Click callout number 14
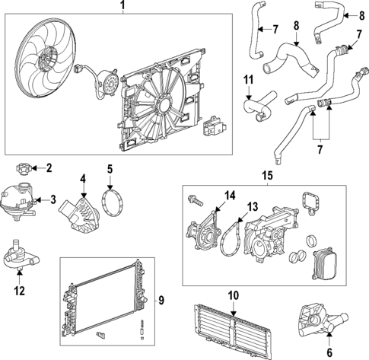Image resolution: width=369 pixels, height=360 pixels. [228, 196]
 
